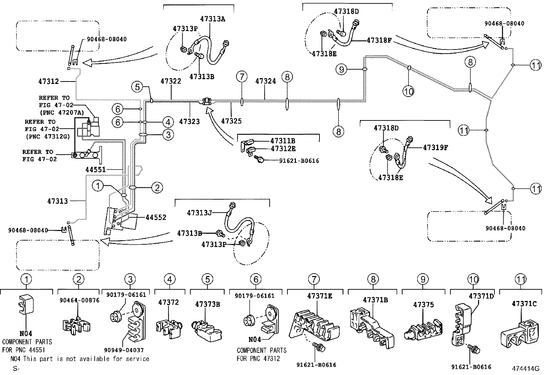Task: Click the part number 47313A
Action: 213,19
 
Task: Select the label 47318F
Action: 379,40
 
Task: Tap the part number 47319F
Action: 436,147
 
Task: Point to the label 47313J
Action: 199,213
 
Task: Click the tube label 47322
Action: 171,81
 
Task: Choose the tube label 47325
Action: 231,121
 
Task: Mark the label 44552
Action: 156,217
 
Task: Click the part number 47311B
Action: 283,141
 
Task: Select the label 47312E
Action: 283,148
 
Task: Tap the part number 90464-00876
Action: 80,300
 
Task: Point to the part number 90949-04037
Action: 124,350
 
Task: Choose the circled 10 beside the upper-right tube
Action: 408,91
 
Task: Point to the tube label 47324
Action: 266,81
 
